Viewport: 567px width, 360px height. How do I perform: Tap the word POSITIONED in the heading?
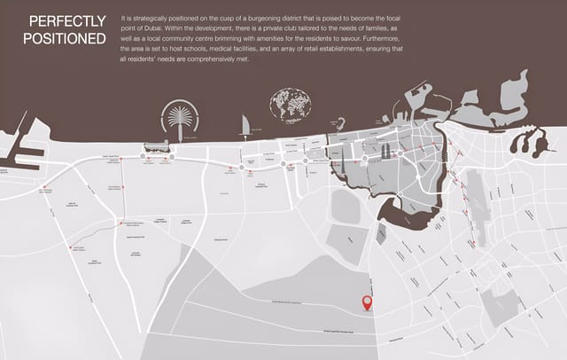(65, 38)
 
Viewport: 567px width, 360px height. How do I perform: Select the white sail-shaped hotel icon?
(245, 126)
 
